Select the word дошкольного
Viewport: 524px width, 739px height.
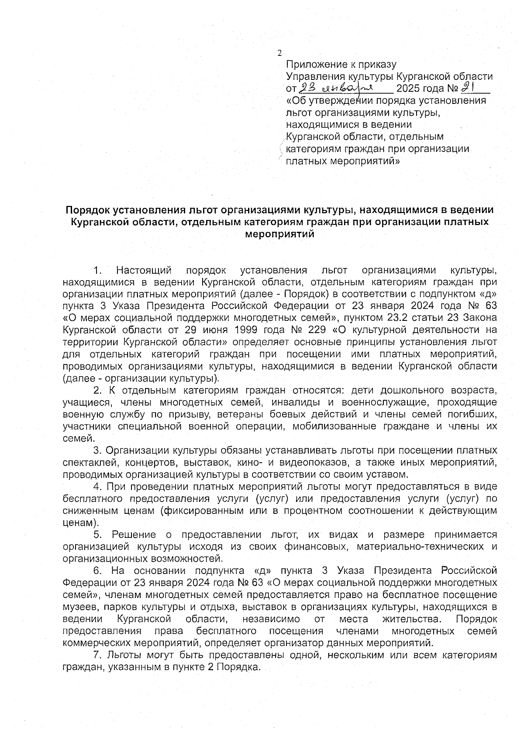click(413, 390)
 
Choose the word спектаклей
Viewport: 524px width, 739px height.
click(86, 462)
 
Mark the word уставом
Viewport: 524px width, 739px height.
click(390, 474)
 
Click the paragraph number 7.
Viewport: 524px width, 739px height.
click(97, 655)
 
